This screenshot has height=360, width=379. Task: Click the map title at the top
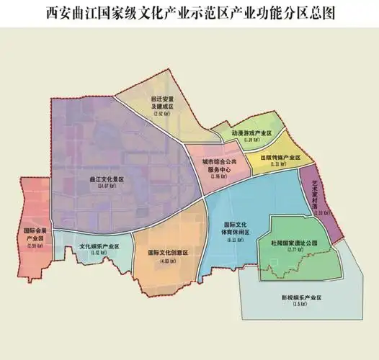coord(189,12)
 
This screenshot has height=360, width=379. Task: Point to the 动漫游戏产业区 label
coord(251,133)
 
